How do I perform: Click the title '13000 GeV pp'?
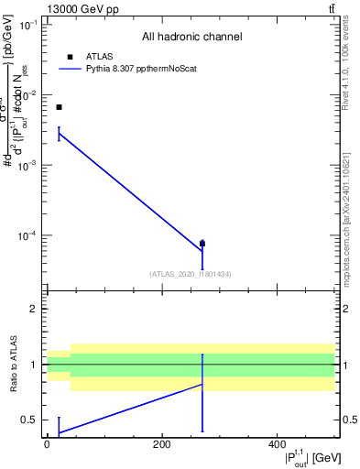(80, 8)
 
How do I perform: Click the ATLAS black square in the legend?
(71, 57)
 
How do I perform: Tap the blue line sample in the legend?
(71, 69)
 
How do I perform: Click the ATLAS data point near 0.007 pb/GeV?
(59, 107)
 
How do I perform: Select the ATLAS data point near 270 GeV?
(202, 244)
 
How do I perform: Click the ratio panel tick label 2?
(36, 310)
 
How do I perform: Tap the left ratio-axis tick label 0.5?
(32, 420)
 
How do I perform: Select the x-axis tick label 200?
(162, 445)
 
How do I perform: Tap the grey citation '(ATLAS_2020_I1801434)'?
(191, 274)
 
